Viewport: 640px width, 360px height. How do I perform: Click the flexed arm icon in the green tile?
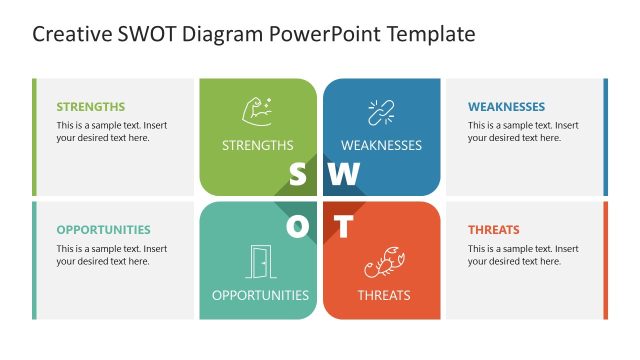coord(257,111)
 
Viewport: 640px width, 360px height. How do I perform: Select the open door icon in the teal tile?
coord(260,261)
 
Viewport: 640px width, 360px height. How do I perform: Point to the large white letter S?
coord(297,175)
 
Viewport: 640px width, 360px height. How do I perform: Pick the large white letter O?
coord(298,227)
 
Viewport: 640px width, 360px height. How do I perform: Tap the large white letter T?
coord(343,227)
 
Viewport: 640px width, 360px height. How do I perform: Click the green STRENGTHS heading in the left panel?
coord(91,107)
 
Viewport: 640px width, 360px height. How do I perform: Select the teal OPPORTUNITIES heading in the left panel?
coord(103,229)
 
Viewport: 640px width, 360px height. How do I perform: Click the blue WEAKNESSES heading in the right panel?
coord(506,107)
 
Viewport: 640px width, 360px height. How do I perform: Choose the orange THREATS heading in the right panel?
coord(494,229)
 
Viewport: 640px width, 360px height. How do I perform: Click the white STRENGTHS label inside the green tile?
coord(258,145)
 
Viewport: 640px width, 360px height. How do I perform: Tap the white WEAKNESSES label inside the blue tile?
coord(381,145)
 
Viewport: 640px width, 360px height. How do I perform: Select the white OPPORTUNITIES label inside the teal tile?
coord(260,295)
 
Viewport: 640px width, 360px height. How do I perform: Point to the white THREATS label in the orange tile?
coord(384,295)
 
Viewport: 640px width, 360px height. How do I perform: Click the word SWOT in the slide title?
coord(140,35)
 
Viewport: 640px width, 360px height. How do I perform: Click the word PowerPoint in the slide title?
coord(320,35)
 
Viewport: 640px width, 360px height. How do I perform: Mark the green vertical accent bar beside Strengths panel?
coord(34,137)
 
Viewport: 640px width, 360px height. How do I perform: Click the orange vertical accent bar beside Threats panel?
coord(605,260)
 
